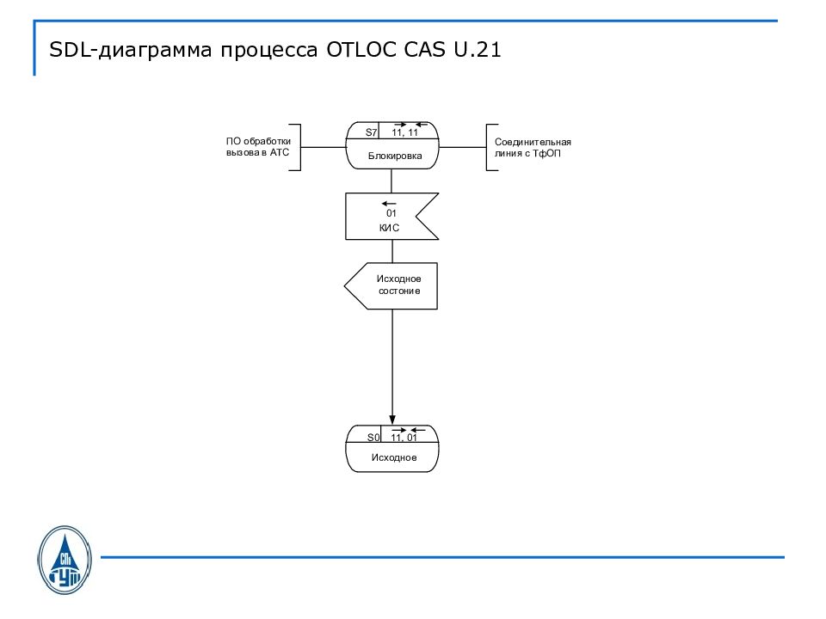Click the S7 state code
pyautogui.click(x=372, y=132)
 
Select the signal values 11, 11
pyautogui.click(x=404, y=132)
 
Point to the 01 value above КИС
pyautogui.click(x=391, y=213)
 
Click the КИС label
pyautogui.click(x=390, y=228)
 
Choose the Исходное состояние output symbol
pyautogui.click(x=391, y=285)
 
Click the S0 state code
pyautogui.click(x=373, y=438)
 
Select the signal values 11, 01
pyautogui.click(x=404, y=438)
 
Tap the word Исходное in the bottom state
pyautogui.click(x=394, y=457)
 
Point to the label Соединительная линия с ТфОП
pyautogui.click(x=533, y=147)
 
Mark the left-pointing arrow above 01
pyautogui.click(x=390, y=203)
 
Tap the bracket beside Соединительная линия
pyautogui.click(x=488, y=147)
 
